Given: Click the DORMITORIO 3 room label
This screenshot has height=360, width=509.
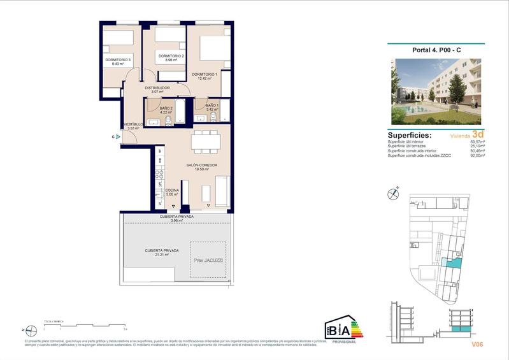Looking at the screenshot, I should [118, 60].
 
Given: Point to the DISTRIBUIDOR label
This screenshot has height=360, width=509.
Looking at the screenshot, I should [157, 88].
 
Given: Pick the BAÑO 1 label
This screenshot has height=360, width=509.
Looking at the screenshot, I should [212, 105].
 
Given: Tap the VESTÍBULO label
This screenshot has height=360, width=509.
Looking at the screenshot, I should [134, 124].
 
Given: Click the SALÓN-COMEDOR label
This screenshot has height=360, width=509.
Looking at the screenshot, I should [202, 165].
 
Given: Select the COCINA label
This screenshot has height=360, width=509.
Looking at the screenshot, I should [172, 191].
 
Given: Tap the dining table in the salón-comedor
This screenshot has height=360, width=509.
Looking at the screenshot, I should [206, 141].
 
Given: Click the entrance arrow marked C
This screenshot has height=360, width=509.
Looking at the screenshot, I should [118, 136].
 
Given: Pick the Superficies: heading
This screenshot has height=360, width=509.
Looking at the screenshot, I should [410, 135].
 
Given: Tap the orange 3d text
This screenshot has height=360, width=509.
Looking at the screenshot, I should [478, 134].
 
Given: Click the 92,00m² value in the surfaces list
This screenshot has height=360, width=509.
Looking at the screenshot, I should [477, 155].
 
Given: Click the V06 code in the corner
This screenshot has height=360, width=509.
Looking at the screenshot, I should [478, 344].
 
